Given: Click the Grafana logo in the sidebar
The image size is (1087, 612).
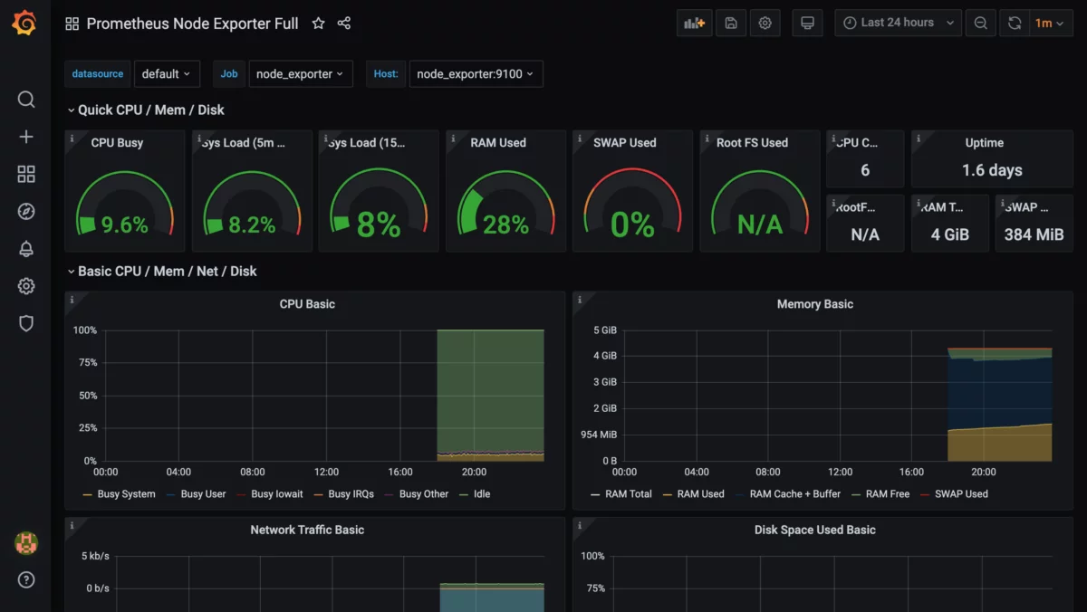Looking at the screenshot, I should coord(24,24).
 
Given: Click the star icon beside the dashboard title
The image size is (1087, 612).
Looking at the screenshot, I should coord(318,24).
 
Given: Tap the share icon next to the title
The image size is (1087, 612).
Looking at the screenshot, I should coord(344,24).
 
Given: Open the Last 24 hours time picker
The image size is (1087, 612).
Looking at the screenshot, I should coord(898,24).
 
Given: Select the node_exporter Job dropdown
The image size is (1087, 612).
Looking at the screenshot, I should coord(300,74).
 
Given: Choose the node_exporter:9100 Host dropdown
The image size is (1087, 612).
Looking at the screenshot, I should coord(476,74).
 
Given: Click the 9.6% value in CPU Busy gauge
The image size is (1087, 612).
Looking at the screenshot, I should coord(125,225).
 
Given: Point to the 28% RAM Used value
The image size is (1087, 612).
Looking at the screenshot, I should coord(505,225).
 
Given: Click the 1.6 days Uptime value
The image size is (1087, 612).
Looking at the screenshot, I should coord(992,170).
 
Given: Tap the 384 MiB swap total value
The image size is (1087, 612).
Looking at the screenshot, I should coord(1034,234).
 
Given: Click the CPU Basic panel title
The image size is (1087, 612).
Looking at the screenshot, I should coord(307,304).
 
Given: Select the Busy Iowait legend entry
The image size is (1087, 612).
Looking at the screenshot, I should coord(277,494).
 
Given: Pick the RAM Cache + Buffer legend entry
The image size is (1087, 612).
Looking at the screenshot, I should coord(794,494).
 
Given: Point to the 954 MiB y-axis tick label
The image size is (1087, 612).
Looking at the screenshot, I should coord(598,435).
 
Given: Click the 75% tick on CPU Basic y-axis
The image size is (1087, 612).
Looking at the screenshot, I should coord(85,363).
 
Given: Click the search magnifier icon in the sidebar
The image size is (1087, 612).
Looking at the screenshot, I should coord(26,100).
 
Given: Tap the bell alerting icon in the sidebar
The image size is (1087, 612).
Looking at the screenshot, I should coord(26,249).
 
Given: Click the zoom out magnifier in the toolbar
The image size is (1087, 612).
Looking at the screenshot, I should coord(980,24).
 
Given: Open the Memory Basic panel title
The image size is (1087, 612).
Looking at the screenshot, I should coord(814,304).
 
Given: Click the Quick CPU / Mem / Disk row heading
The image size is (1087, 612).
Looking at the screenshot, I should coord(150,110).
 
